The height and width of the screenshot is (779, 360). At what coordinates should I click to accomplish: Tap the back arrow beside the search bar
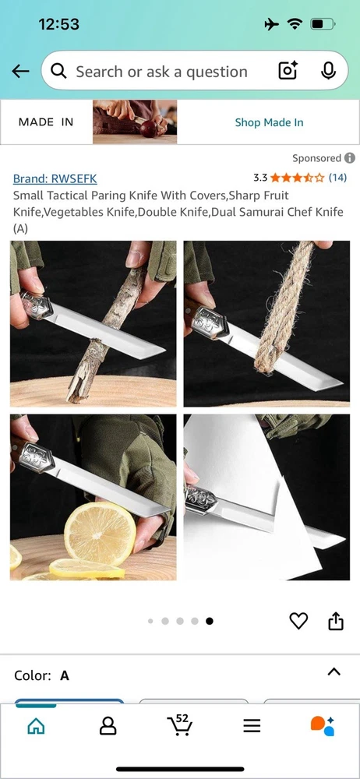click(x=20, y=72)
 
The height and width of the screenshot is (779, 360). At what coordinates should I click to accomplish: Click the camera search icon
click(x=288, y=71)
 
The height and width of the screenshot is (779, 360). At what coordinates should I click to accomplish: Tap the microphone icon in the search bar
click(x=328, y=71)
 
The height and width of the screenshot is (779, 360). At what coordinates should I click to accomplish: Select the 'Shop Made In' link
click(x=269, y=122)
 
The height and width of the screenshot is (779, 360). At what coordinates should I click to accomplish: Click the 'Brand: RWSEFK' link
click(x=55, y=179)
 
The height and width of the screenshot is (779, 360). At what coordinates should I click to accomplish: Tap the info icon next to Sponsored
click(x=350, y=158)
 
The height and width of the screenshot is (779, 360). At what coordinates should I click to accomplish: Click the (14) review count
click(x=337, y=178)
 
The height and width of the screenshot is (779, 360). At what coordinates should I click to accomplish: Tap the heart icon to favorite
click(x=298, y=621)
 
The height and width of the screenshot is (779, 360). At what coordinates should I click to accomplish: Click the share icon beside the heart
click(x=336, y=621)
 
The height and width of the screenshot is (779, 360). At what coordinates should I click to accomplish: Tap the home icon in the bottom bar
click(x=36, y=726)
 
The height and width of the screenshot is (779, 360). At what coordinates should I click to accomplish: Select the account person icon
click(x=108, y=726)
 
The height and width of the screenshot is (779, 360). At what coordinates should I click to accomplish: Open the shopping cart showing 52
click(x=179, y=724)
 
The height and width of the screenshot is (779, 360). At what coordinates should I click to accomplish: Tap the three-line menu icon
click(x=252, y=726)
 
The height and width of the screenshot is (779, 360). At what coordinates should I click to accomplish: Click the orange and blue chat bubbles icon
click(x=323, y=726)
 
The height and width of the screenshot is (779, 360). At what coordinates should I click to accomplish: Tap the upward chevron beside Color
click(x=334, y=671)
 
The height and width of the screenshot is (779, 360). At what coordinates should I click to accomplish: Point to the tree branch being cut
click(x=105, y=335)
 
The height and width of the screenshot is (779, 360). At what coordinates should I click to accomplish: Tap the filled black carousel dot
click(x=210, y=621)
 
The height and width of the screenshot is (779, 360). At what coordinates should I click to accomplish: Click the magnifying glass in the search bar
click(x=58, y=72)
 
